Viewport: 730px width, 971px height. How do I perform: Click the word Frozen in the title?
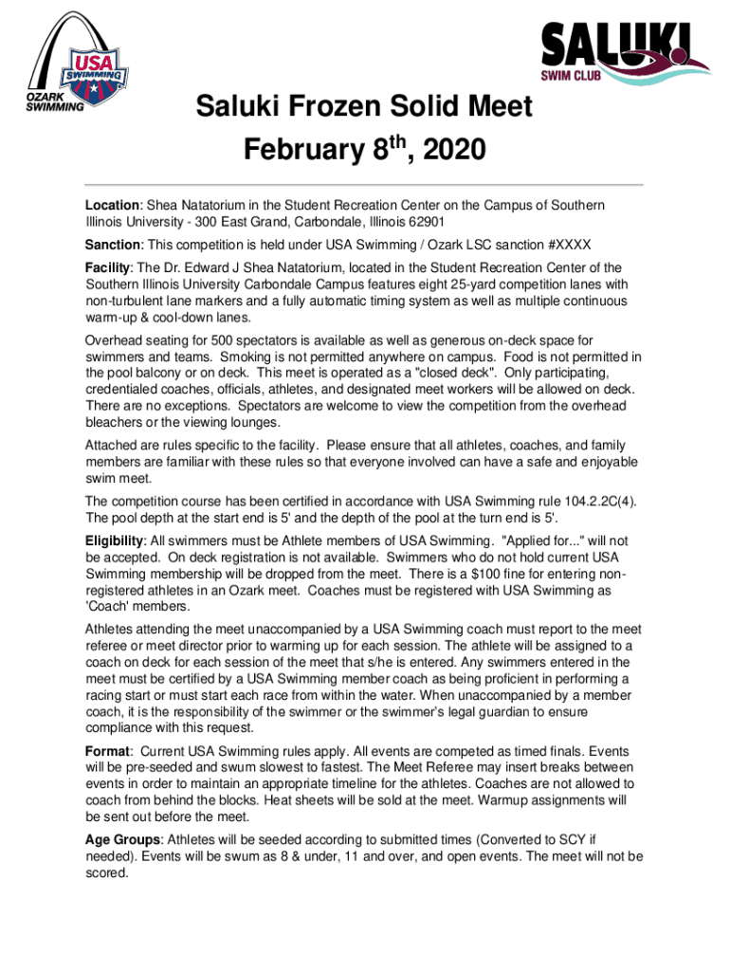[x=318, y=109]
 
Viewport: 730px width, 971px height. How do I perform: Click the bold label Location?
[x=113, y=206]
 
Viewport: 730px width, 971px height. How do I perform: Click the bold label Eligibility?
[x=117, y=540]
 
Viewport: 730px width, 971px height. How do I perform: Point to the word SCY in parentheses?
[x=567, y=838]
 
